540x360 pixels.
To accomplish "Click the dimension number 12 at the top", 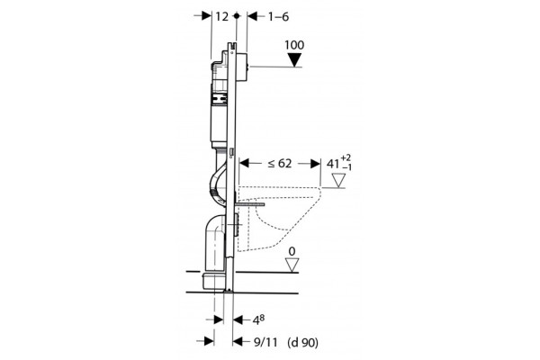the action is [x=222, y=16].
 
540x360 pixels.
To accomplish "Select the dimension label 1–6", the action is [x=278, y=16].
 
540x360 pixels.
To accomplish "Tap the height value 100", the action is [x=294, y=45].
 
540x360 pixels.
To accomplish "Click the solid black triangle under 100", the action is [x=294, y=59].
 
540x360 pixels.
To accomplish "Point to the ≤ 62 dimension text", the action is [x=280, y=163].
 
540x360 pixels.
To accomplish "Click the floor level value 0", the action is [x=292, y=251].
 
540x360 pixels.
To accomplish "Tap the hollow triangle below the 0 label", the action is [x=292, y=265].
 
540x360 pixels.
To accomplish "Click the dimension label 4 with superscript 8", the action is [x=259, y=320].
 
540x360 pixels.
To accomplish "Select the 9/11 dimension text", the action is [x=265, y=342].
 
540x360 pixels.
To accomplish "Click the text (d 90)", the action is [x=302, y=342].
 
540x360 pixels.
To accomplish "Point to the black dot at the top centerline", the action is [x=236, y=16].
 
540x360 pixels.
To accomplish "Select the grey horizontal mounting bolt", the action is [x=250, y=204].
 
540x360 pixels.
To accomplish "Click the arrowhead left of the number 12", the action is [x=206, y=16].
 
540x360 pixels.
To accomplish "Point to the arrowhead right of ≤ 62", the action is [x=315, y=163].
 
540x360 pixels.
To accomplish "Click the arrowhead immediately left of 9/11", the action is [x=238, y=341].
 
